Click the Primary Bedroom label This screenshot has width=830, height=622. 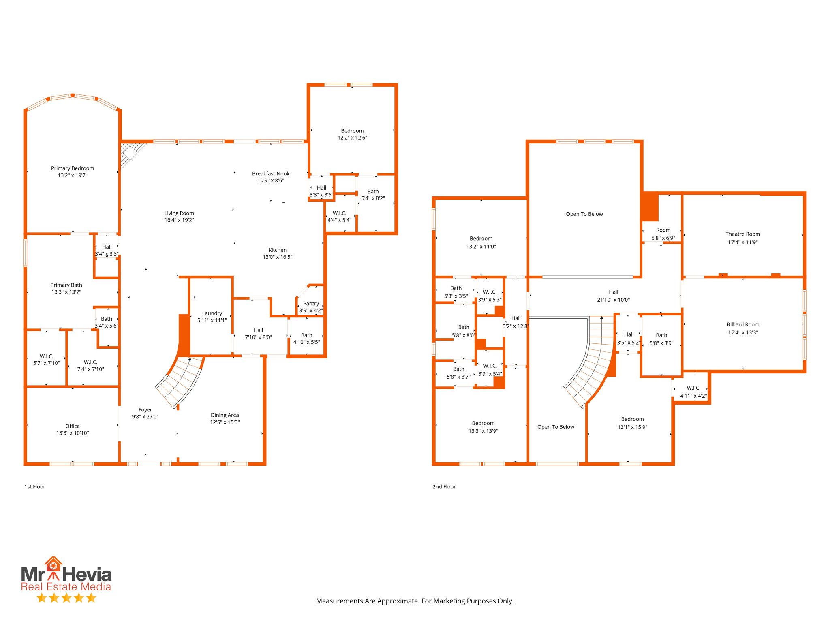pyautogui.click(x=73, y=168)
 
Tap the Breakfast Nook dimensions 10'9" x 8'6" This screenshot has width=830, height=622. pyautogui.click(x=271, y=181)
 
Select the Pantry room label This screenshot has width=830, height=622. pyautogui.click(x=311, y=304)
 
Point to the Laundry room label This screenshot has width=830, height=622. pyautogui.click(x=212, y=313)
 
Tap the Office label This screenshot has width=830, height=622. pyautogui.click(x=73, y=426)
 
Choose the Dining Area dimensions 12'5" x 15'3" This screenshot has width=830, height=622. pyautogui.click(x=225, y=422)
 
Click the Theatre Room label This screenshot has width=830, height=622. pyautogui.click(x=742, y=234)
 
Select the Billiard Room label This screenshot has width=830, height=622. pyautogui.click(x=742, y=324)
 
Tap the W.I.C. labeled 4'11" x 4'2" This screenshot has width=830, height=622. pyautogui.click(x=693, y=392)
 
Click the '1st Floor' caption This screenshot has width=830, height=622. pyautogui.click(x=35, y=487)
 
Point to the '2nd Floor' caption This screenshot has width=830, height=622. pyautogui.click(x=444, y=487)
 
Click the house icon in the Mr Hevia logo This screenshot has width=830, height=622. pyautogui.click(x=53, y=564)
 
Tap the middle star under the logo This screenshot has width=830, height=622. pyautogui.click(x=66, y=598)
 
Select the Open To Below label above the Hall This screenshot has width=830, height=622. pyautogui.click(x=584, y=214)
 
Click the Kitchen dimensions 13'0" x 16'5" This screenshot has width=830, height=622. pyautogui.click(x=277, y=257)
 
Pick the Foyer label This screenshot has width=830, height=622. pyautogui.click(x=145, y=410)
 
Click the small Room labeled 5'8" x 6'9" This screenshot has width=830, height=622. pyautogui.click(x=663, y=230)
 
